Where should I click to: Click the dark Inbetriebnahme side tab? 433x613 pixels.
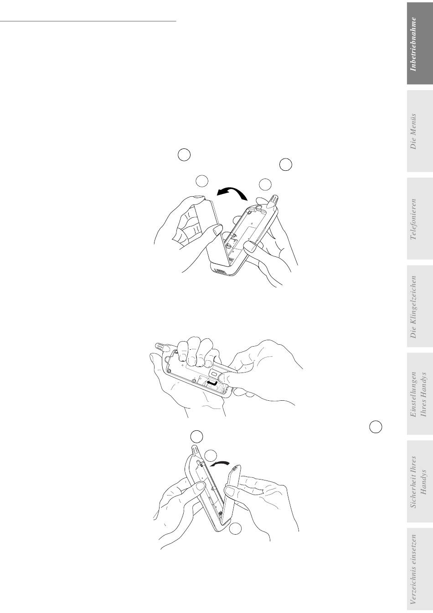[x=419, y=44]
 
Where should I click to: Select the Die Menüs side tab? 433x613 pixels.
[x=419, y=131]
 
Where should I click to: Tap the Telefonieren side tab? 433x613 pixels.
[x=419, y=219]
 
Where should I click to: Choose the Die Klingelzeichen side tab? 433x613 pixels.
[x=419, y=306]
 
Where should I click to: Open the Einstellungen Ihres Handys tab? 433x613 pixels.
[x=419, y=394]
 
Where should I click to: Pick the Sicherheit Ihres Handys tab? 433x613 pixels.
[x=419, y=481]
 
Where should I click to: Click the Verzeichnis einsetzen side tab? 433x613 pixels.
[x=419, y=569]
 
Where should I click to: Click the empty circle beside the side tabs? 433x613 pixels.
[x=376, y=427]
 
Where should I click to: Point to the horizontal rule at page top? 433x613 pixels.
[x=88, y=21]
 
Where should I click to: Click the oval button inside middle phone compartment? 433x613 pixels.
[x=214, y=373]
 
